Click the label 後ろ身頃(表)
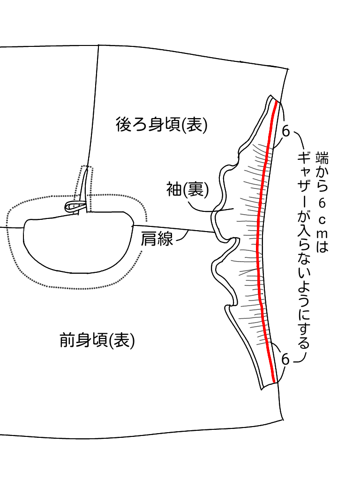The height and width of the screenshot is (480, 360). (x=161, y=125)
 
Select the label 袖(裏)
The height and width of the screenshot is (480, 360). (x=187, y=189)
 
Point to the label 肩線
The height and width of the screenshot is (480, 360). (x=157, y=239)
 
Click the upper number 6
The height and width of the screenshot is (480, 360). (x=285, y=131)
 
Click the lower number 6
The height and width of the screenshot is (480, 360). (x=285, y=360)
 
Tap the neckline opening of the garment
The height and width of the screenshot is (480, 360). (x=75, y=244)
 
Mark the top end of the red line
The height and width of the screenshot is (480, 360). (x=277, y=102)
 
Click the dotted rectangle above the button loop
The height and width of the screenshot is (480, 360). (x=87, y=180)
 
